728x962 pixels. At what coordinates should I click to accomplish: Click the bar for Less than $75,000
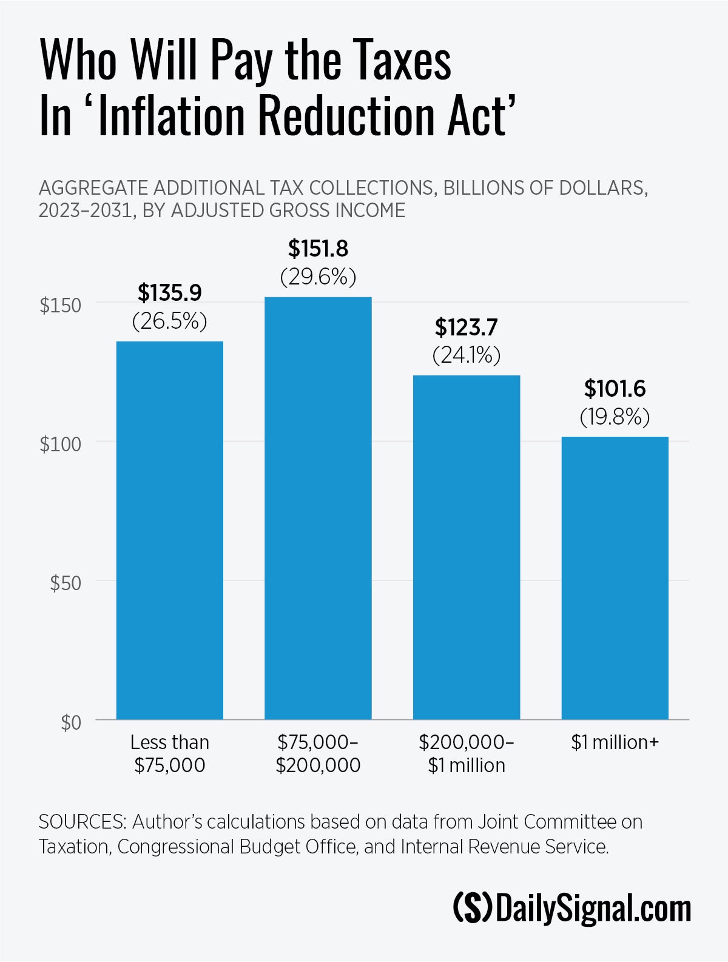(x=170, y=530)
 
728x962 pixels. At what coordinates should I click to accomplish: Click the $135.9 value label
(x=170, y=293)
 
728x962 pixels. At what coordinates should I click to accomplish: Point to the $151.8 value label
(x=318, y=249)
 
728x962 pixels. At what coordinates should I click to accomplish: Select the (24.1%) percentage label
(x=467, y=355)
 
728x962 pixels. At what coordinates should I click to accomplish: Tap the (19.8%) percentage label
(x=615, y=417)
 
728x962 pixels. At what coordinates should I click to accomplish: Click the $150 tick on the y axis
(x=60, y=305)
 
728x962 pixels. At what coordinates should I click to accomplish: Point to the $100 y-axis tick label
(x=60, y=444)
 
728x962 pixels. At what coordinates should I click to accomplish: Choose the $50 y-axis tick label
(x=65, y=583)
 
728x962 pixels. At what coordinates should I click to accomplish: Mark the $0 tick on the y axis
(x=70, y=722)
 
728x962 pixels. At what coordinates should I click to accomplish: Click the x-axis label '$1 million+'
(x=615, y=742)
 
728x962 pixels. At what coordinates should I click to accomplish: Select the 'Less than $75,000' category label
(x=170, y=753)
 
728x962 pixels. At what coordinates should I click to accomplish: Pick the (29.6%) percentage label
(x=318, y=277)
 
